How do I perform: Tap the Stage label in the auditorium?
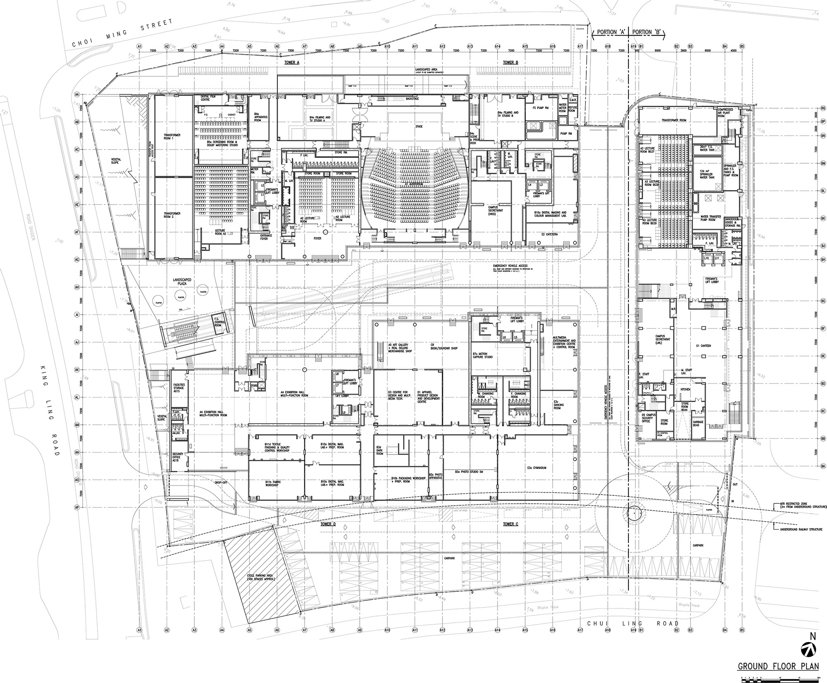(x=419, y=126)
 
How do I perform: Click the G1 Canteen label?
(x=703, y=345)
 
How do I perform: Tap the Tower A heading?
(x=292, y=62)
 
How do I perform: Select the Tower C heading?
(x=511, y=524)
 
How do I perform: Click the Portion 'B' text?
(x=648, y=32)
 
